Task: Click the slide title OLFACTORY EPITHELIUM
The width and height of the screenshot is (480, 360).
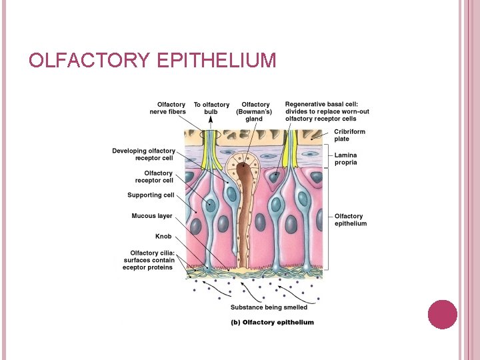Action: [152, 61]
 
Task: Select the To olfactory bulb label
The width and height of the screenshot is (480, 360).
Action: [211, 108]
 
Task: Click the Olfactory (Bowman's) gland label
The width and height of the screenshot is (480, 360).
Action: [255, 111]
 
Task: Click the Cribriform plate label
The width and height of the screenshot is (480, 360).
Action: [349, 135]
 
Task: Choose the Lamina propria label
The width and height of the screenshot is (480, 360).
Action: [346, 159]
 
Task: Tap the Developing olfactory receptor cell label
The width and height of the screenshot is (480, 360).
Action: [143, 155]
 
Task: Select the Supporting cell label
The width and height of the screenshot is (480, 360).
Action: [151, 195]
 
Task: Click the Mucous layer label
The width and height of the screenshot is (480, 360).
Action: [152, 216]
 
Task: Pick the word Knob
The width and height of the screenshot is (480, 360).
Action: [163, 236]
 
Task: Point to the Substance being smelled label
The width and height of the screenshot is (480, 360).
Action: [269, 307]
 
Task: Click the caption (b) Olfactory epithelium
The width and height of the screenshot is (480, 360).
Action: [272, 322]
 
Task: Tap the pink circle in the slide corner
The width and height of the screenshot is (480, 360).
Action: [442, 314]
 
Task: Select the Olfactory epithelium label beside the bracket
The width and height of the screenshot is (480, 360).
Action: [350, 220]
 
